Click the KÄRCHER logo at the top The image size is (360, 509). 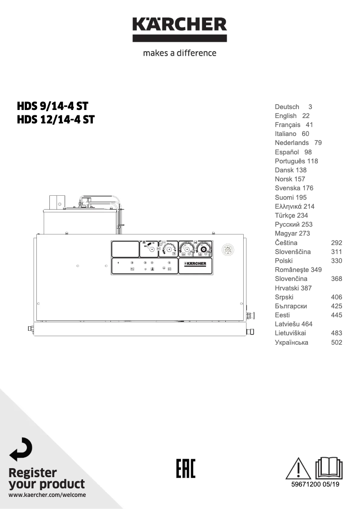point(180,29)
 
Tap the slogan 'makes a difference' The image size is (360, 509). point(180,53)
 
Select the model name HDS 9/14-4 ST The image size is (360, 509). point(53,106)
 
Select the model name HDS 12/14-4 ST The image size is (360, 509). point(56,120)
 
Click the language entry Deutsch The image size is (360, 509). point(287,107)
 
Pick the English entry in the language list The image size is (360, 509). point(285,116)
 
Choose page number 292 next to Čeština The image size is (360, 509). point(336,242)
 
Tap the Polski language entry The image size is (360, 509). point(284,261)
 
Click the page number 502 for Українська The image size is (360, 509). point(336,342)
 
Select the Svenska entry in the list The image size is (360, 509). point(288,188)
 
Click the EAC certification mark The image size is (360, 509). point(185,469)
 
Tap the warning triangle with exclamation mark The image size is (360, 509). point(298,468)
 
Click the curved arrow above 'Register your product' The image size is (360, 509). point(21,449)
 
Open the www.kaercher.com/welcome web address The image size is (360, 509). point(47,495)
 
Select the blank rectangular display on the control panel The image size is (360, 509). point(125,249)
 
